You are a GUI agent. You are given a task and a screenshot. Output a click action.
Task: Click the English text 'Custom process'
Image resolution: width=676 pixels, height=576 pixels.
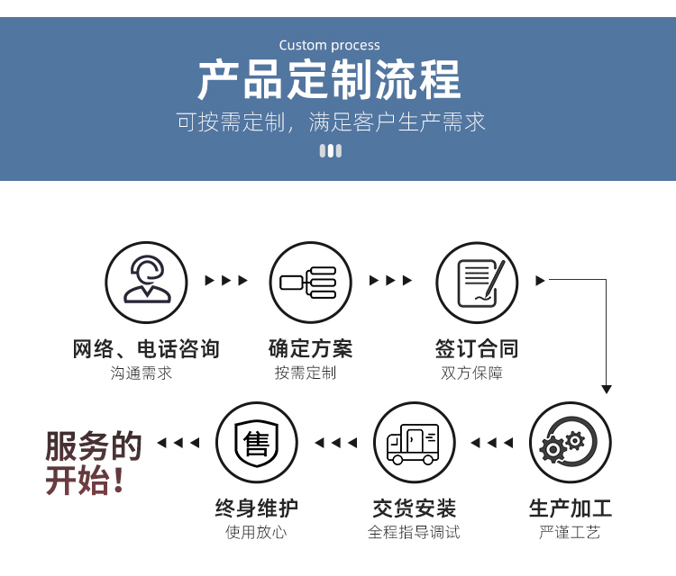coord(329,45)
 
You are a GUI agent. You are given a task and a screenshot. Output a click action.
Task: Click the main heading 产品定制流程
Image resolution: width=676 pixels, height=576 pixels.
coord(329,80)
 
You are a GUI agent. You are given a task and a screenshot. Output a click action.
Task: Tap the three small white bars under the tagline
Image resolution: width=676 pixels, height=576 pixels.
coord(331,150)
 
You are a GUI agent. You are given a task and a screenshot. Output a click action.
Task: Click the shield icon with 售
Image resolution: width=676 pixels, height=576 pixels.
coord(257,442)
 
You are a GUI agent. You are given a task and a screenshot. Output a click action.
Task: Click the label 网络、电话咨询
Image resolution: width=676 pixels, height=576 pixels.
coord(146,348)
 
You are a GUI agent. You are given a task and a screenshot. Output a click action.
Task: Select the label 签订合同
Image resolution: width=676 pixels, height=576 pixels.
coord(477,348)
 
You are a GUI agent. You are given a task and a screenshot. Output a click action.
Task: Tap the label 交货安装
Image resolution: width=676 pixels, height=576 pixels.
coord(415,508)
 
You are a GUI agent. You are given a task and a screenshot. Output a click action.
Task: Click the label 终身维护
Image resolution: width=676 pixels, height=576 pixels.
coord(257,508)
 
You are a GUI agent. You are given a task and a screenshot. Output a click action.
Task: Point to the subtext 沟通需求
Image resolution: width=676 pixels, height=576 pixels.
coord(141,373)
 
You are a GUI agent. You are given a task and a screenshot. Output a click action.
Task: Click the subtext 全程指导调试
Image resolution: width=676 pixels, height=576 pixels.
coord(414,532)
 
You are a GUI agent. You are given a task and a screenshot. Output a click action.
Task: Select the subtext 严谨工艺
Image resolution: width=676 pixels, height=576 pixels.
coord(570,532)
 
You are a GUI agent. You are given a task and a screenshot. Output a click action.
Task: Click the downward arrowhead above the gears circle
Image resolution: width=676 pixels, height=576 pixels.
coord(607,389)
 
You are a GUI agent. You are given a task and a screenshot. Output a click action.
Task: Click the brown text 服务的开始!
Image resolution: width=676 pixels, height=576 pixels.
coord(94,463)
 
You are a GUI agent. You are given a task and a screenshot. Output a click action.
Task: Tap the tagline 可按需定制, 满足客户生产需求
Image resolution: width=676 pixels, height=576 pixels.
coord(331,121)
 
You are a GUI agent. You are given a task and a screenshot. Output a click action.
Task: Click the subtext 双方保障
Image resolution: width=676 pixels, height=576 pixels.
coord(471,373)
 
